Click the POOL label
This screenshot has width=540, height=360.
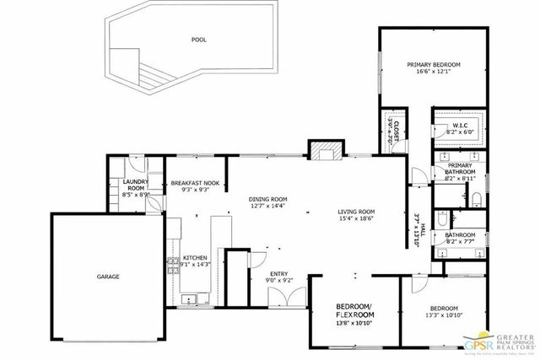pos(199,39)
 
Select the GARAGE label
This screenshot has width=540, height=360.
pos(107,277)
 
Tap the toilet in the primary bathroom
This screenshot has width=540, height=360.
pos(475,199)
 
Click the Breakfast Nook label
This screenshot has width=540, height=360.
pos(195,183)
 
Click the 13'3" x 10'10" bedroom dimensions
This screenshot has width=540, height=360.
pos(442,315)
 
